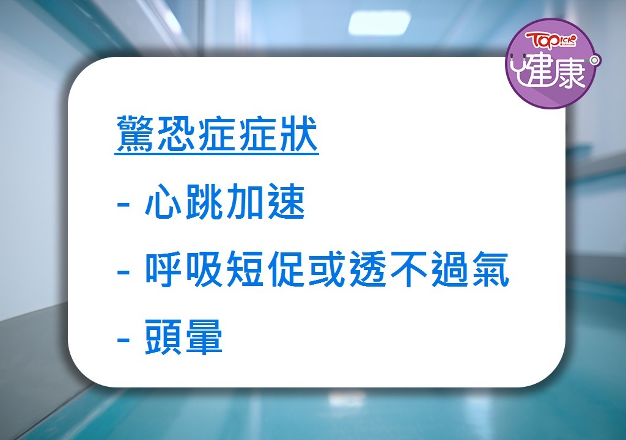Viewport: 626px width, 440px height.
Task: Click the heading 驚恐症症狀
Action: click(217, 134)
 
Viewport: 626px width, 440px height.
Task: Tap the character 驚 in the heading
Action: click(135, 134)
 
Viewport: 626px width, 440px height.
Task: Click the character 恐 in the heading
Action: click(176, 134)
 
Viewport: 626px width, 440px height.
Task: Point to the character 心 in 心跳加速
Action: click(163, 202)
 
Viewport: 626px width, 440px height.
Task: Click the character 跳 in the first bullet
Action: click(204, 202)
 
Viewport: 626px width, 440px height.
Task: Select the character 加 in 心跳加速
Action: click(245, 202)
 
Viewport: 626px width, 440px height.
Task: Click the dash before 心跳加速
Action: click(123, 204)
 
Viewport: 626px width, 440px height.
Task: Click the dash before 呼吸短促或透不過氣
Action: click(123, 272)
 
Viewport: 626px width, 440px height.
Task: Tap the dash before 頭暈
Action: click(123, 340)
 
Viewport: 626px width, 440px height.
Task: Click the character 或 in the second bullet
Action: click(326, 269)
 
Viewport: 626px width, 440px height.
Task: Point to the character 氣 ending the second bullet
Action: click(490, 269)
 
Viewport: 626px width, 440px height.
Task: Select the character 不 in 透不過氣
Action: click(408, 269)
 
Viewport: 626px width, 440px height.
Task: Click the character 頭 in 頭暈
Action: click(163, 337)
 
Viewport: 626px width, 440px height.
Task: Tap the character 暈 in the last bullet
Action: click(204, 337)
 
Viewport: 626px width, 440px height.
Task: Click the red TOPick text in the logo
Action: click(551, 40)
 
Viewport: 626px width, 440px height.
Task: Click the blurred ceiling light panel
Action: click(379, 23)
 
